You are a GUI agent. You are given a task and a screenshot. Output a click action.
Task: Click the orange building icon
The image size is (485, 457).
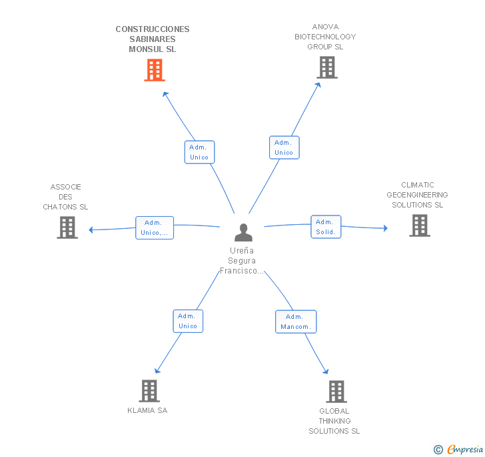[155, 70]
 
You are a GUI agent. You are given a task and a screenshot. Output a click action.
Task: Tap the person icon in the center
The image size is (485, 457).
[243, 232]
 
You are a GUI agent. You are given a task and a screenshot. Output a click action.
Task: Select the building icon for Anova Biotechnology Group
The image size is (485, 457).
[327, 67]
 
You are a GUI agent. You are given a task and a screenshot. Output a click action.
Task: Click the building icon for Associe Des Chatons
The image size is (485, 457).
[67, 227]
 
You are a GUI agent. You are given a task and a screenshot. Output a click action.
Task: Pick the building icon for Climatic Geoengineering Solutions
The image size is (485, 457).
[420, 225]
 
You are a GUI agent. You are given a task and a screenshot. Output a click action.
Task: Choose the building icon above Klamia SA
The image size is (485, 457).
[149, 391]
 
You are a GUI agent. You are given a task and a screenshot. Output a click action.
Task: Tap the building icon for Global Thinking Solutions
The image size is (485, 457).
[336, 392]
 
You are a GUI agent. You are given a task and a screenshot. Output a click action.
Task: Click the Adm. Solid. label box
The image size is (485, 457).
[326, 227]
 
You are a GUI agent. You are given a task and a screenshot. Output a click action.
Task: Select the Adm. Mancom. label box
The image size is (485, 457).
[296, 322]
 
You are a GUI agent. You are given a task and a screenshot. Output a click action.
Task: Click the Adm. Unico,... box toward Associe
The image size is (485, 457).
[155, 227]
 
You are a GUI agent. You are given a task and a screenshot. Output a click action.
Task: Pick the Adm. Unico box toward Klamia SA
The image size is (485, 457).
[188, 321]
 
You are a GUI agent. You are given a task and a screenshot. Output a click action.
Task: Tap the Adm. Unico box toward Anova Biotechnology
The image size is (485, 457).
[284, 147]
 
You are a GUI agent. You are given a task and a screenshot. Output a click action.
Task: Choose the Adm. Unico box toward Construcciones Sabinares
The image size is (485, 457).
[199, 152]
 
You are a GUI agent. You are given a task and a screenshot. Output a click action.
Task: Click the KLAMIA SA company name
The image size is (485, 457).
[147, 410]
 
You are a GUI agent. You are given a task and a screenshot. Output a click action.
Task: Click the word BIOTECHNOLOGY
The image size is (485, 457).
[325, 37]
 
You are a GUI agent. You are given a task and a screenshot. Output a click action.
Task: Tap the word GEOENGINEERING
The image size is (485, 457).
[417, 195]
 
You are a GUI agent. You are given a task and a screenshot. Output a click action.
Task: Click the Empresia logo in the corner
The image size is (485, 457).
[458, 449]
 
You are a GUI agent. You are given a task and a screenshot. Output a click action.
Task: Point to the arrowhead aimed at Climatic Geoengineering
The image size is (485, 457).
[385, 228]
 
